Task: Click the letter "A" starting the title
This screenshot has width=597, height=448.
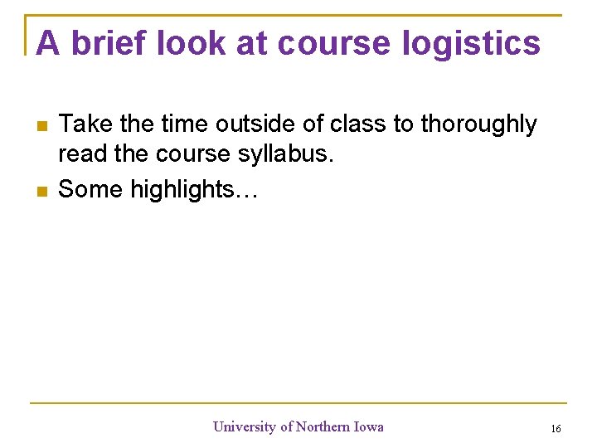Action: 48,43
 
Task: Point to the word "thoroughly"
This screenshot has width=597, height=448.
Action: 478,124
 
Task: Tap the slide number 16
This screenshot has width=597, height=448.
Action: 556,428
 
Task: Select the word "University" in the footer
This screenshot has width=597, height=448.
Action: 245,426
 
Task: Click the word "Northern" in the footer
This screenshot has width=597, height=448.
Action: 323,426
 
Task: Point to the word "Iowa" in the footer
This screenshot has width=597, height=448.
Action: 369,426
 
